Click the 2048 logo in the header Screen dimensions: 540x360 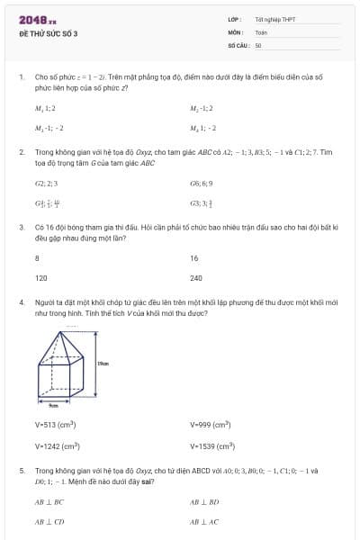pyautogui.click(x=37, y=19)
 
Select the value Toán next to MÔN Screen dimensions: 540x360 pyautogui.click(x=261, y=31)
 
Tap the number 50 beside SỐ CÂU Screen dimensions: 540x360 pyautogui.click(x=258, y=44)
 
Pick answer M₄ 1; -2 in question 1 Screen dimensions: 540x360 pyautogui.click(x=202, y=128)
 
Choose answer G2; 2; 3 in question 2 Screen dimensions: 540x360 pyautogui.click(x=46, y=183)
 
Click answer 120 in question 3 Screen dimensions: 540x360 pyautogui.click(x=40, y=278)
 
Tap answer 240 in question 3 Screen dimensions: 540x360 pyautogui.click(x=196, y=278)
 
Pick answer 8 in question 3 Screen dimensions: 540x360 pyautogui.click(x=37, y=258)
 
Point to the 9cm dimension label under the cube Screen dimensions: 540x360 pyautogui.click(x=53, y=407)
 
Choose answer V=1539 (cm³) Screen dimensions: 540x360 pyautogui.click(x=211, y=445)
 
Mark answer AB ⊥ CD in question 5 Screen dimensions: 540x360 pyautogui.click(x=49, y=521)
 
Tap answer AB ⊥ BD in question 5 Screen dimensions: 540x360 pyautogui.click(x=204, y=501)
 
